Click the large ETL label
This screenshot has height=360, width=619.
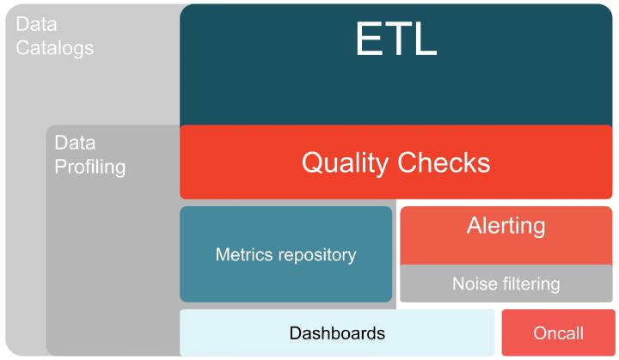396,39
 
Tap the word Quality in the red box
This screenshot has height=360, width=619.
345,163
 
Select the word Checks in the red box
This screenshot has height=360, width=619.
444,162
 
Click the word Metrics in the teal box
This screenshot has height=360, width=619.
242,254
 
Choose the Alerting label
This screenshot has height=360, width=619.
506,226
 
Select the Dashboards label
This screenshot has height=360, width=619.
337,333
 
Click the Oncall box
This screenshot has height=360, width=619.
558,333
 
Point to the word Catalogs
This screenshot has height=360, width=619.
55,49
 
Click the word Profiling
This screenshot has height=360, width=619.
90,167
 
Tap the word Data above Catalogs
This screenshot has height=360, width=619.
36,24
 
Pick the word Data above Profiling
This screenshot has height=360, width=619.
75,143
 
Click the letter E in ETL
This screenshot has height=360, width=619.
369,39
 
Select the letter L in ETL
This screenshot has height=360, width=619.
426,39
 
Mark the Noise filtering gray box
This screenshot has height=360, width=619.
506,284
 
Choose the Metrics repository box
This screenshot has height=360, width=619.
285,254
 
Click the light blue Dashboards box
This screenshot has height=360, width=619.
337,333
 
